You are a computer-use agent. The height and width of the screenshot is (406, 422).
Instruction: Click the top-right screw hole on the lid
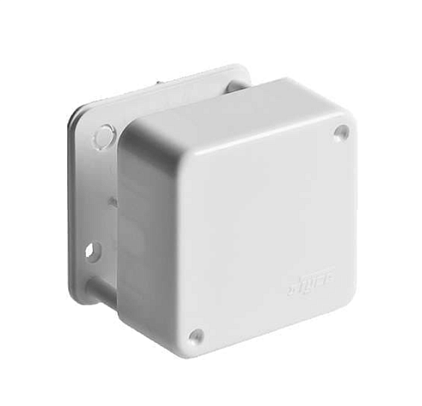[x=341, y=132]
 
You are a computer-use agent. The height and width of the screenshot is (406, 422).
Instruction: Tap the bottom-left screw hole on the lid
[x=196, y=336]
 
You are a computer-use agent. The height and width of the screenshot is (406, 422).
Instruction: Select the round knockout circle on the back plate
[x=103, y=136]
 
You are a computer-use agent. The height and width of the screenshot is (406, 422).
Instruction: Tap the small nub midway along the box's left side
[x=112, y=201]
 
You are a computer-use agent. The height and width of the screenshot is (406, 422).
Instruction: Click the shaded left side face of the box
[x=136, y=239]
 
